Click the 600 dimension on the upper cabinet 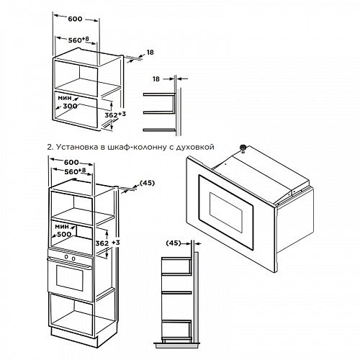pyautogui.click(x=75, y=19)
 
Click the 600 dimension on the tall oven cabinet pyautogui.click(x=71, y=163)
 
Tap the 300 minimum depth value pyautogui.click(x=70, y=106)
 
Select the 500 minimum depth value pyautogui.click(x=64, y=234)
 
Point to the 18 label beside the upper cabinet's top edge pyautogui.click(x=150, y=53)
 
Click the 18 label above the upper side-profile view pyautogui.click(x=156, y=78)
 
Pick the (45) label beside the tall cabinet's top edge pyautogui.click(x=147, y=183)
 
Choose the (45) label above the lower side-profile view pyautogui.click(x=174, y=243)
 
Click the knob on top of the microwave pyautogui.click(x=243, y=148)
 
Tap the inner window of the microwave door pyautogui.click(x=226, y=212)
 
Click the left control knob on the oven pyautogui.click(x=66, y=257)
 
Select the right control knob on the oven pyautogui.click(x=73, y=258)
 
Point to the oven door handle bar pyautogui.click(x=70, y=262)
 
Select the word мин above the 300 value pyautogui.click(x=65, y=98)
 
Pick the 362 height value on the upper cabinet pyautogui.click(x=111, y=115)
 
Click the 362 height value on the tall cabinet pyautogui.click(x=102, y=243)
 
